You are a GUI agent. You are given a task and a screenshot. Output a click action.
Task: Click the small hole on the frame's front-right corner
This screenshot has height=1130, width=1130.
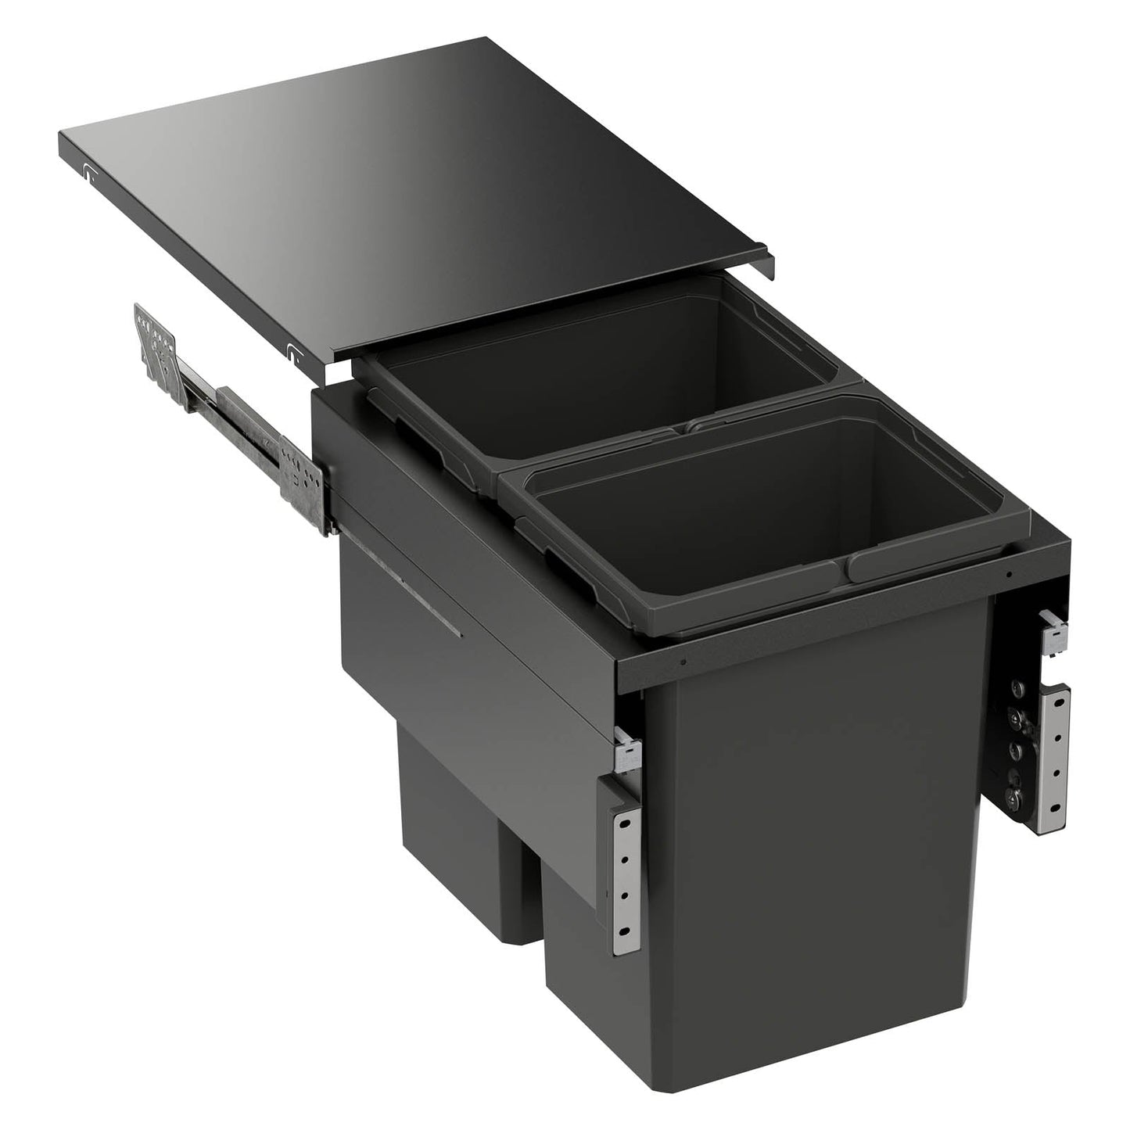[1011, 576]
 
